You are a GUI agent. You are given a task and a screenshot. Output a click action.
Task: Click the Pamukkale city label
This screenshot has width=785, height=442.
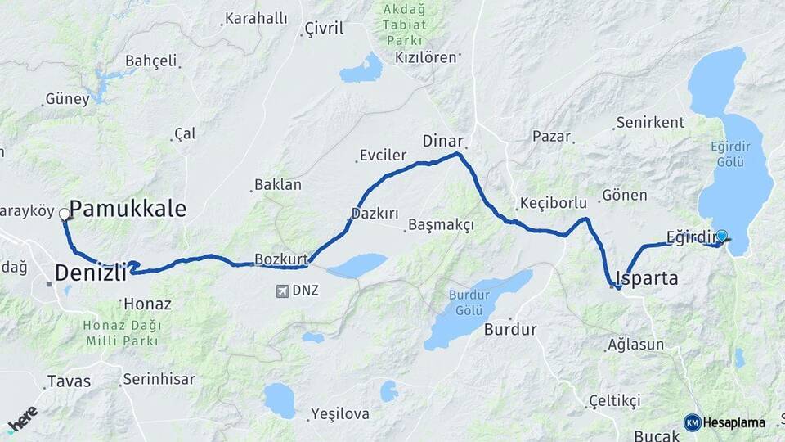[128, 209]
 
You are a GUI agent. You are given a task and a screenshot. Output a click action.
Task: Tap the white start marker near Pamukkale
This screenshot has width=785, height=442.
[64, 214]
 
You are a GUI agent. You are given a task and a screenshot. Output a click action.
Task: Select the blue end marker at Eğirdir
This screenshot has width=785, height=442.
[721, 237]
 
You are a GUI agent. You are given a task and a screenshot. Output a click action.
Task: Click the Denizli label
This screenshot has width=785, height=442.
[90, 272]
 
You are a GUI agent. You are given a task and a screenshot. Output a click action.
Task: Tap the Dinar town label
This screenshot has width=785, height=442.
[442, 140]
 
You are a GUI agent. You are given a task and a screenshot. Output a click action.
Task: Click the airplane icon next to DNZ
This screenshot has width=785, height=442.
[282, 291]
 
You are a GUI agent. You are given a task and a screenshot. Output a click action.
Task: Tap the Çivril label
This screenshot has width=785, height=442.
[323, 29]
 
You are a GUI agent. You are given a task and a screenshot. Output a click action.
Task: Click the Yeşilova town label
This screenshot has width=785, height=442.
[339, 415]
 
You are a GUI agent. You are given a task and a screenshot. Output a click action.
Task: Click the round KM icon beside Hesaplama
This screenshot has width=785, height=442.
[692, 422]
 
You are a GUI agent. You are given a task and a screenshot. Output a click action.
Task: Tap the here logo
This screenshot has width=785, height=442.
[21, 419]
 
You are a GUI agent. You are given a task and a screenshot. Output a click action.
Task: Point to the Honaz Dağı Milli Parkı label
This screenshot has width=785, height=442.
[123, 333]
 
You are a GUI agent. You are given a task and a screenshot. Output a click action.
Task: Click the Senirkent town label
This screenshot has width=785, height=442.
[650, 122]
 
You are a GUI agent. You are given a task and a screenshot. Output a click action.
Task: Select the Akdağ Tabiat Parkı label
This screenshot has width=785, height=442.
[405, 25]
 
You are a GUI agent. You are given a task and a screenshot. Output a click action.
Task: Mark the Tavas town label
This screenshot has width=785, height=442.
[69, 381]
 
